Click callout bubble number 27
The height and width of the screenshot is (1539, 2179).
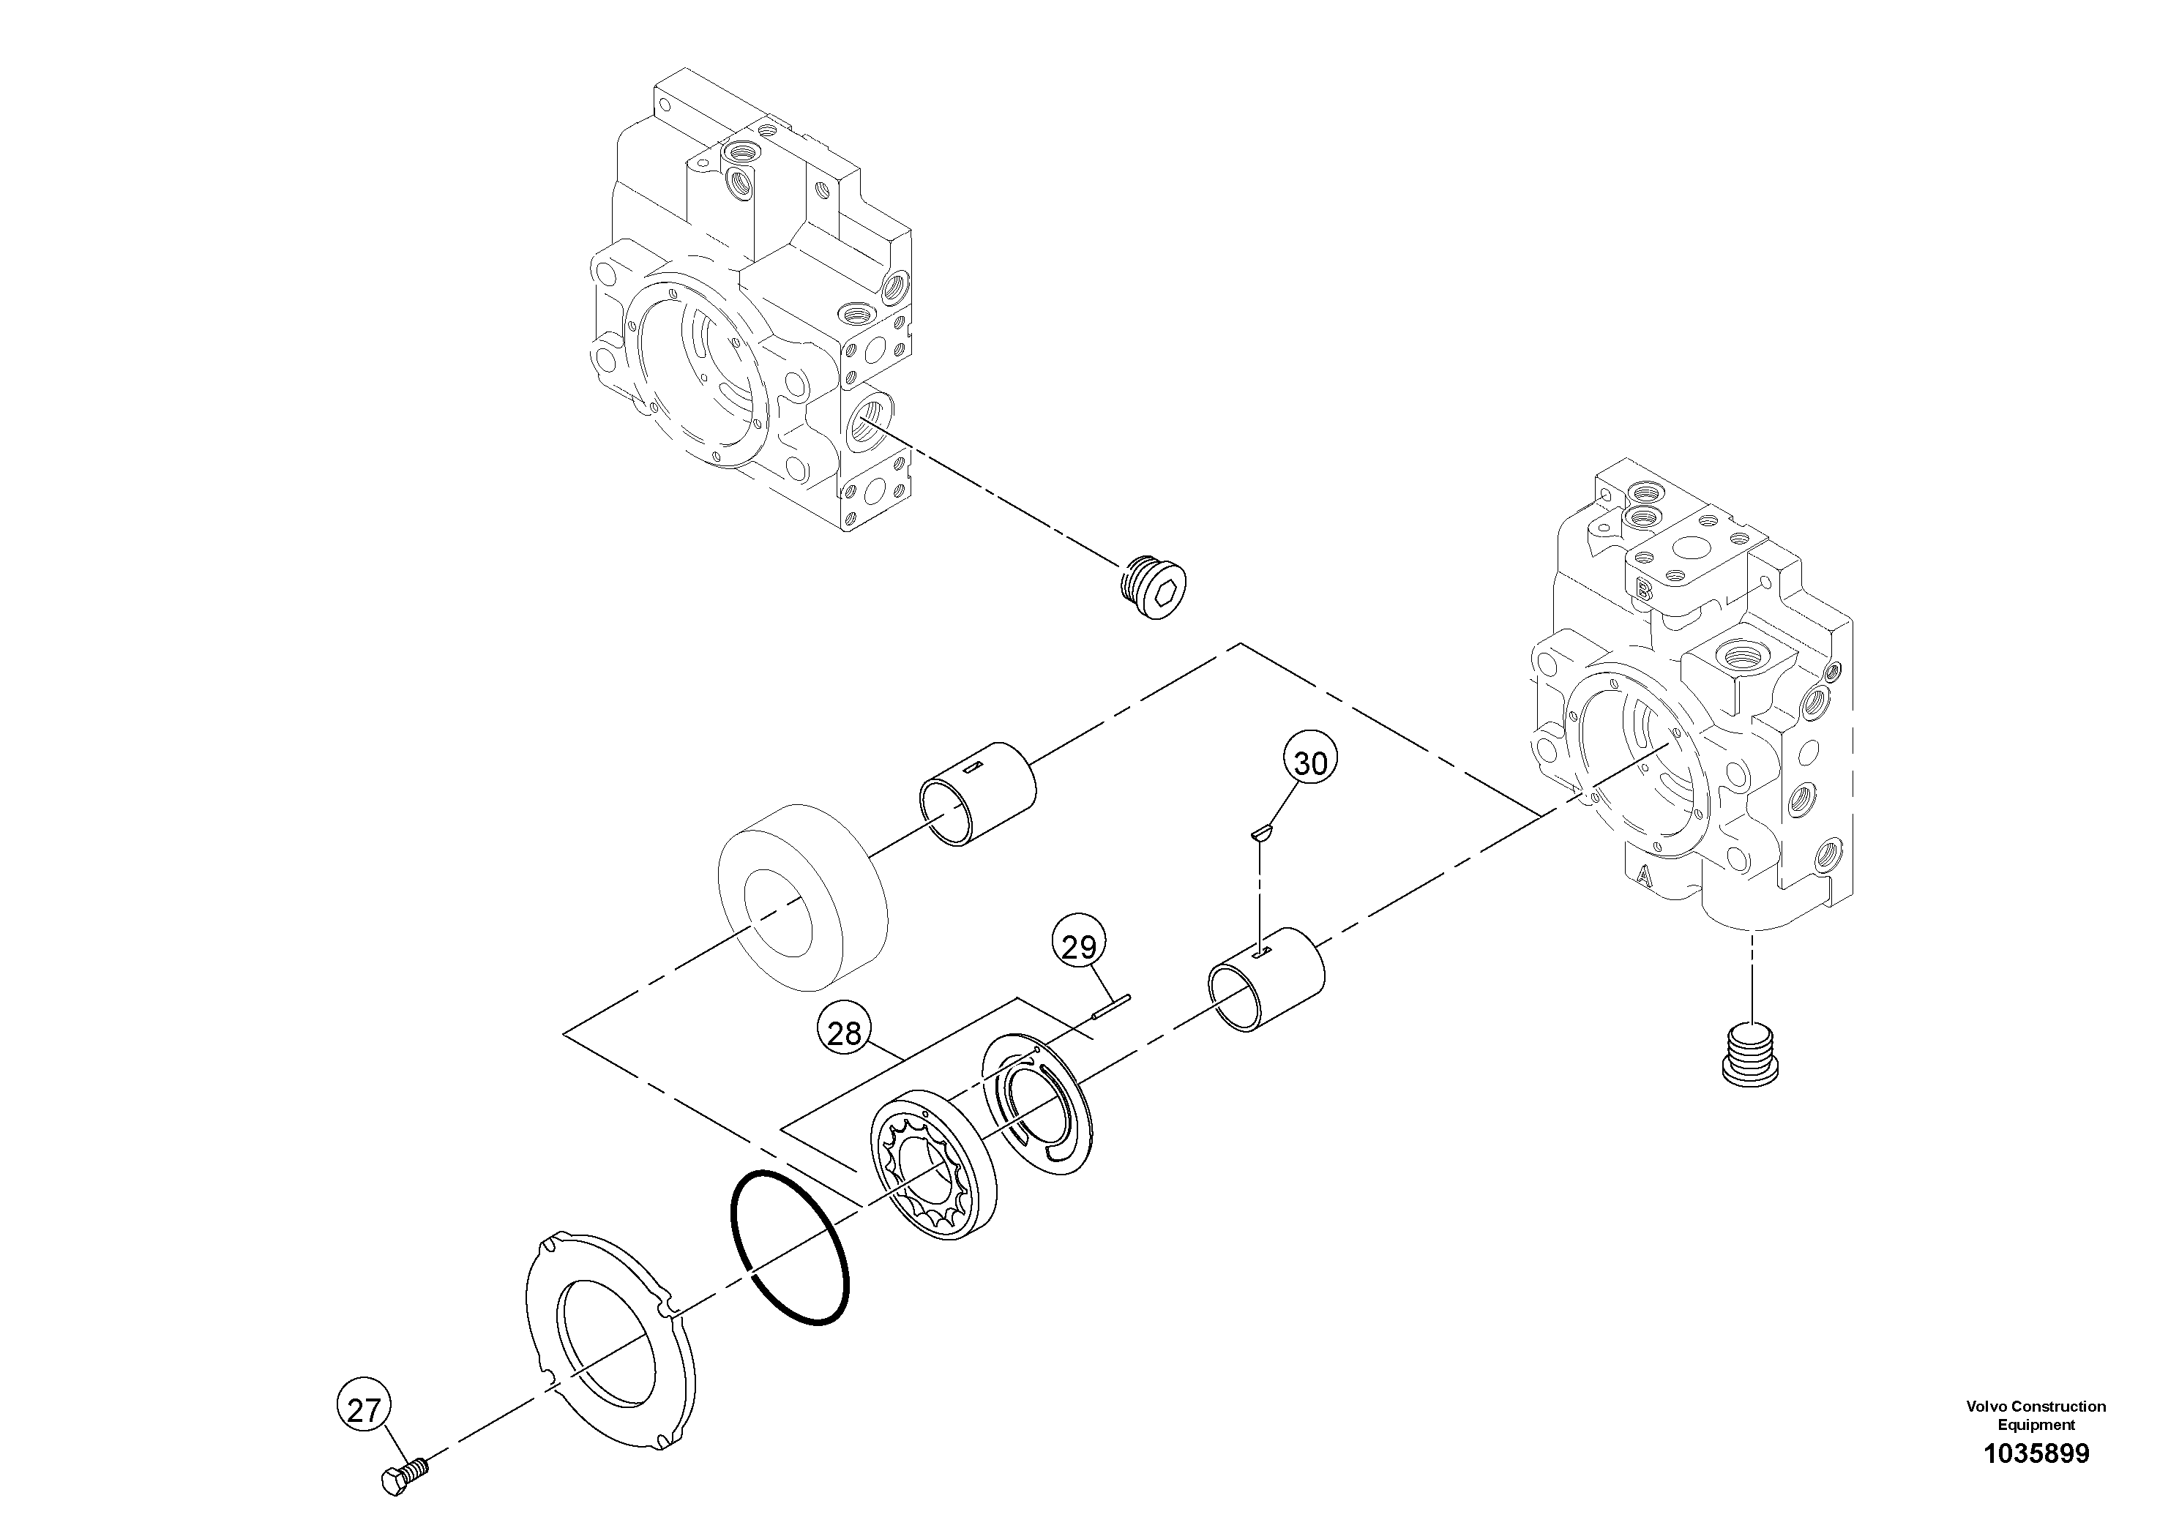tap(364, 1411)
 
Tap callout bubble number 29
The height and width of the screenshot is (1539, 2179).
tap(1079, 946)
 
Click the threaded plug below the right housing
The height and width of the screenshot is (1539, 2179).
tap(1749, 1053)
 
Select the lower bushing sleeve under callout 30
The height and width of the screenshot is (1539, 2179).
tap(1265, 978)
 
